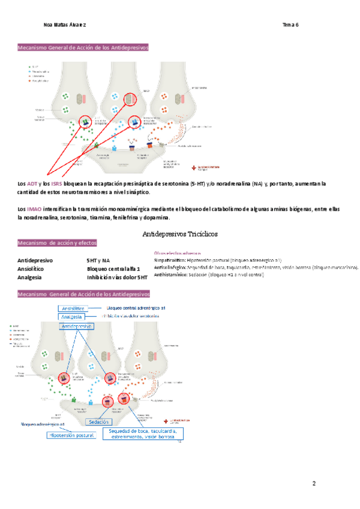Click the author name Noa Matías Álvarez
[64, 25]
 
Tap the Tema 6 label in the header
[290, 25]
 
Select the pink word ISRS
[57, 182]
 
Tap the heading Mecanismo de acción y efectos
[58, 243]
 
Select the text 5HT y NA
[97, 261]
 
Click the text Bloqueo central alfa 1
[113, 269]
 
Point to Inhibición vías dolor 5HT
[117, 277]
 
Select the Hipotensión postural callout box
[71, 435]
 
